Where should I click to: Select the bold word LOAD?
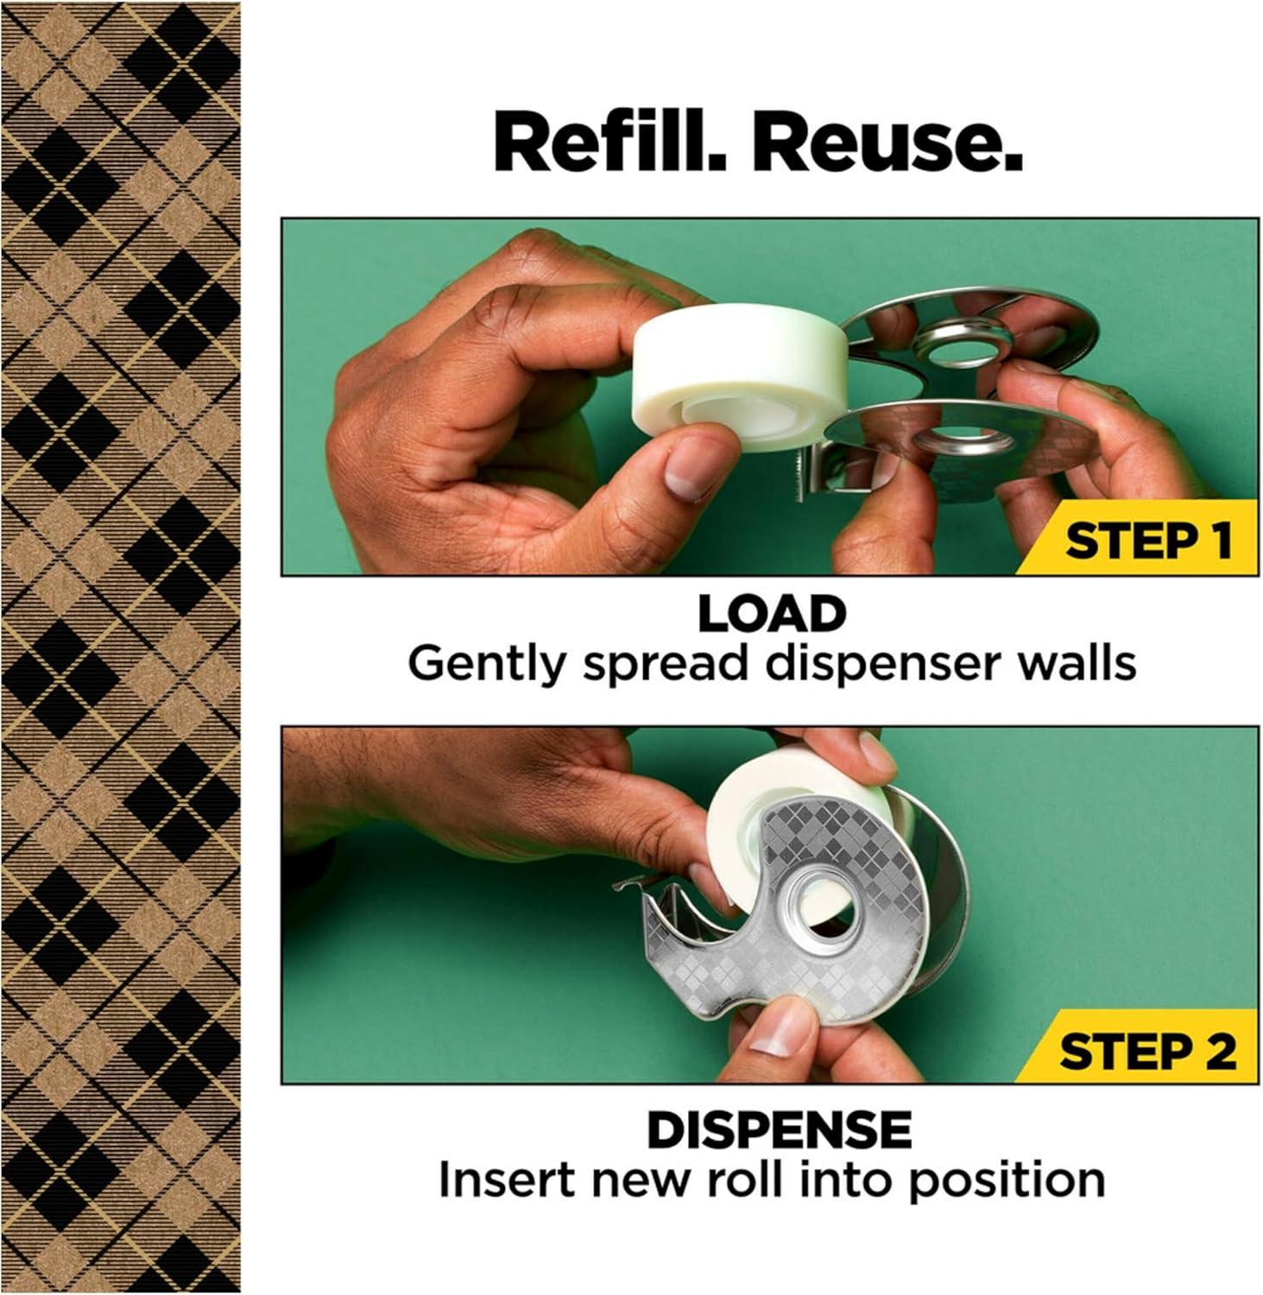771,614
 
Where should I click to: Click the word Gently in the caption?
484,665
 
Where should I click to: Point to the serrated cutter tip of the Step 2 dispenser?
626,886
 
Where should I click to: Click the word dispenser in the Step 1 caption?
871,665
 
